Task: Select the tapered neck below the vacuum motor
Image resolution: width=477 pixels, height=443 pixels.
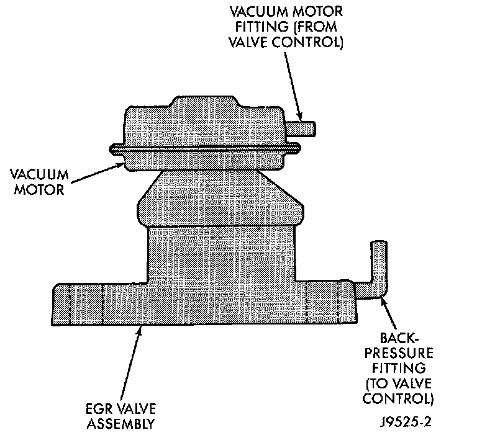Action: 219,199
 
